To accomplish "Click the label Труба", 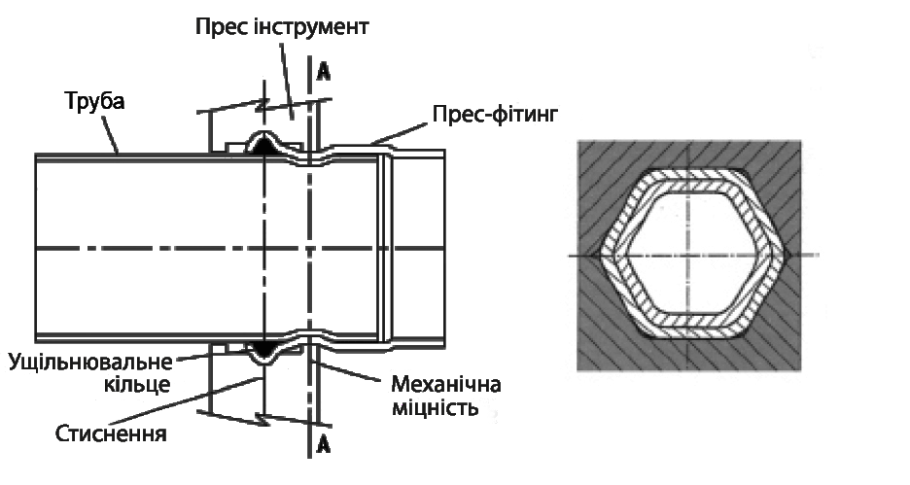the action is tap(94, 101).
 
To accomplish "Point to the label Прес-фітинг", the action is tap(495, 115).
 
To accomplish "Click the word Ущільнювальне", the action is tap(90, 363).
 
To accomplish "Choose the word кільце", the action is tap(137, 385).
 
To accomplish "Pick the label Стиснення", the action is tap(111, 433).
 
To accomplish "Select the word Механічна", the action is tap(445, 384).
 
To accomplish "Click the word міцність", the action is tap(435, 407).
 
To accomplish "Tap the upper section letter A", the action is tap(324, 71).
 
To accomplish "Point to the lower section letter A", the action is tap(324, 445).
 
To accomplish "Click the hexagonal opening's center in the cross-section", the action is tap(688, 256).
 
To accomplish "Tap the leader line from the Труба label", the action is tap(111, 134).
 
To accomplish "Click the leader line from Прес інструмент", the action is tap(286, 79).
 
